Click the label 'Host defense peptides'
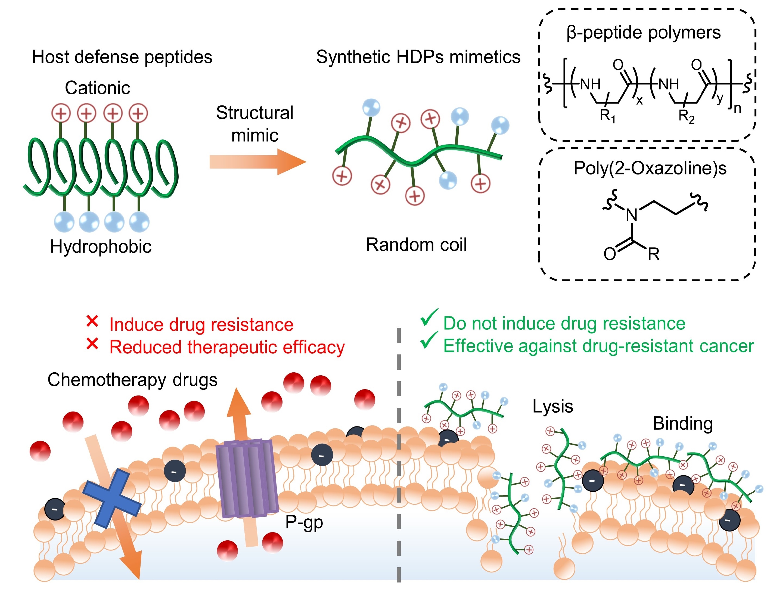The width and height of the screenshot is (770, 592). pyautogui.click(x=122, y=57)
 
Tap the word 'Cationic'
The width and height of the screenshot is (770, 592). pyautogui.click(x=97, y=88)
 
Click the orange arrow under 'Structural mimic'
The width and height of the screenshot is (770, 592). pyautogui.click(x=257, y=162)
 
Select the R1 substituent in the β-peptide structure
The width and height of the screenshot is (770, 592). pyautogui.click(x=607, y=116)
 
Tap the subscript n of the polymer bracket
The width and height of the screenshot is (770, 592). pyautogui.click(x=737, y=108)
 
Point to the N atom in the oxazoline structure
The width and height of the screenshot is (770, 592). pyautogui.click(x=632, y=215)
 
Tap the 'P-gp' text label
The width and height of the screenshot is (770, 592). pyautogui.click(x=304, y=522)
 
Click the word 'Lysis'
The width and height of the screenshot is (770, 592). pyautogui.click(x=552, y=406)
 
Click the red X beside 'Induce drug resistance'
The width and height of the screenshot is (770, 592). pyautogui.click(x=92, y=321)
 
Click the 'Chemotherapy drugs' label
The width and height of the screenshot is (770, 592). pyautogui.click(x=132, y=380)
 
